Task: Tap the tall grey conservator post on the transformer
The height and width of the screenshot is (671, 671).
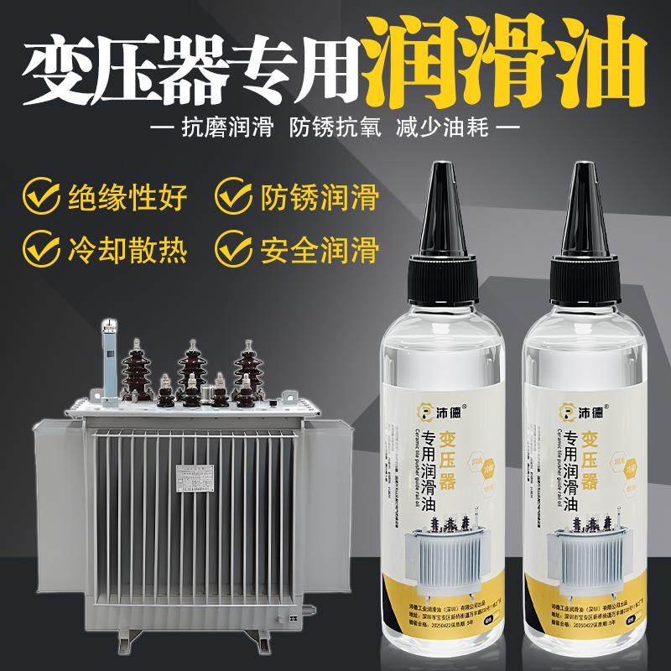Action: click(109, 356)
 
